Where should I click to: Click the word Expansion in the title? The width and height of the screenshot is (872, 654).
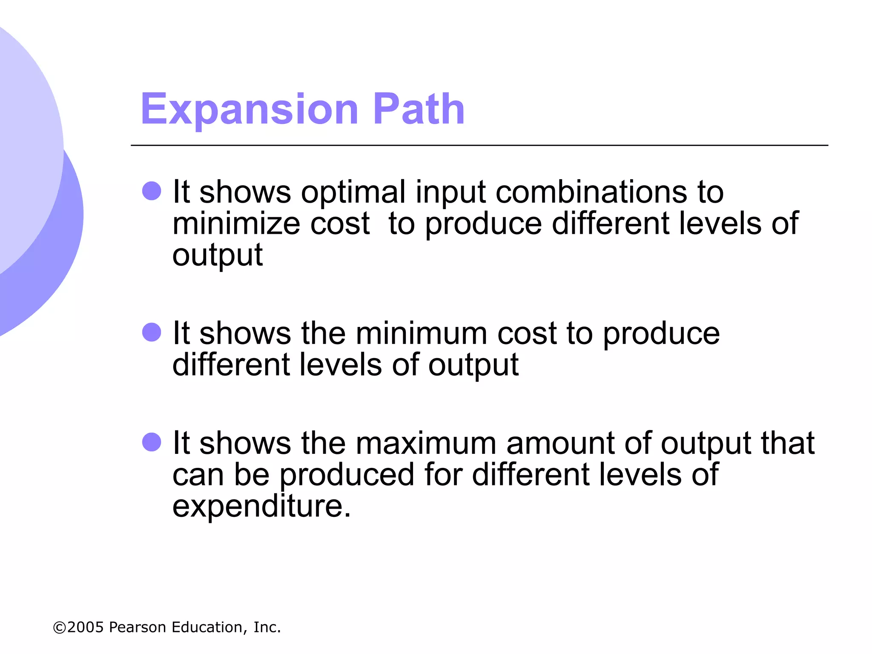point(250,110)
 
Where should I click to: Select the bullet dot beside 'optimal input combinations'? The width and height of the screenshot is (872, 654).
point(152,191)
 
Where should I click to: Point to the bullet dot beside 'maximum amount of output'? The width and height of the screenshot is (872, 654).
point(152,442)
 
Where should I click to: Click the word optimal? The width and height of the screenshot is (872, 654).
point(353,192)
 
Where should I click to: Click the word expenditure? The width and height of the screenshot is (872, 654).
point(261,507)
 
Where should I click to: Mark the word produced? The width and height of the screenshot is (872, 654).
point(347,475)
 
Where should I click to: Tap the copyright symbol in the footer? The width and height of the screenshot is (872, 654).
point(59,628)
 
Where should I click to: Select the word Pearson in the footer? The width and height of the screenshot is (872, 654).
point(137,627)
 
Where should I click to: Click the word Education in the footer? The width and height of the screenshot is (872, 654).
point(209,627)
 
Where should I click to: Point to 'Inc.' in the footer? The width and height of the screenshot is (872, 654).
point(267,627)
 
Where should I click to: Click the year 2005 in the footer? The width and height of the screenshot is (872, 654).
point(86,627)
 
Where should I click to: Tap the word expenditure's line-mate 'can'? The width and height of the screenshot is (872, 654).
point(198,475)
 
